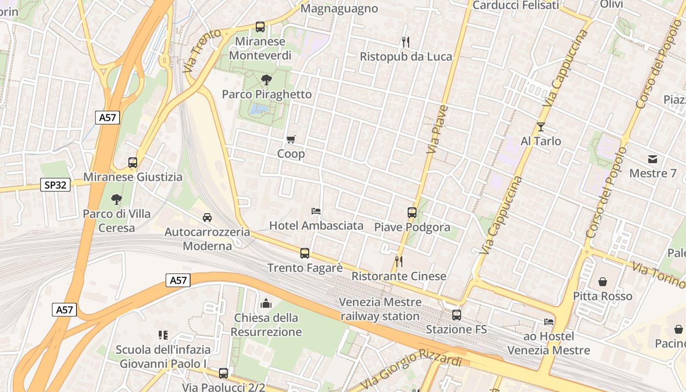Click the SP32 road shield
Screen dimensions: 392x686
[55, 185]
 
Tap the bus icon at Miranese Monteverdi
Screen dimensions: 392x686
[260, 27]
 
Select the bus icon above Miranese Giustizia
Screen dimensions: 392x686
[133, 162]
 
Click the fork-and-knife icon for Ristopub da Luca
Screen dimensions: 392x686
[405, 42]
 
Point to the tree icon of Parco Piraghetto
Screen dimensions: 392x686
[267, 79]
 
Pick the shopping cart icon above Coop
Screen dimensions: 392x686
[291, 139]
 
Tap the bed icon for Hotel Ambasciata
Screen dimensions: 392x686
[317, 211]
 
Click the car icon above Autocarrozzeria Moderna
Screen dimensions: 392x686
[207, 217]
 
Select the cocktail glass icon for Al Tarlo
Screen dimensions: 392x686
[540, 126]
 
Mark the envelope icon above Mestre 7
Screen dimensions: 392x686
[653, 159]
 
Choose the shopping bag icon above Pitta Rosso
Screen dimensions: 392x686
[603, 282]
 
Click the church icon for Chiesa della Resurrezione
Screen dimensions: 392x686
[266, 303]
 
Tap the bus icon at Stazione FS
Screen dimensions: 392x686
[456, 315]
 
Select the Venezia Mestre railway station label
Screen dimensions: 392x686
[380, 309]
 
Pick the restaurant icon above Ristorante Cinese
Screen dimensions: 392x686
[399, 261]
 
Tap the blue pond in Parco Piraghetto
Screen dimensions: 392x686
[259, 109]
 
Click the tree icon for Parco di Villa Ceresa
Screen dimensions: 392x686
[116, 199]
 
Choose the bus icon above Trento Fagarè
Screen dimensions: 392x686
[305, 253]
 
